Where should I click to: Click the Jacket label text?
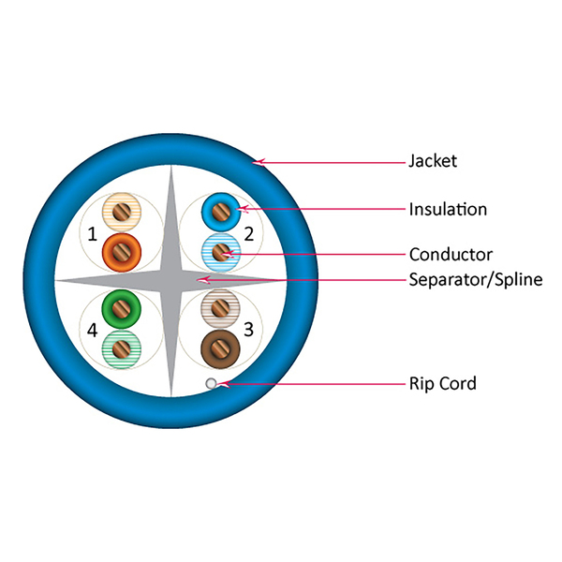pyautogui.click(x=433, y=161)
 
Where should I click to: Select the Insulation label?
pyautogui.click(x=448, y=209)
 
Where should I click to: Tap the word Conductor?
pyautogui.click(x=451, y=254)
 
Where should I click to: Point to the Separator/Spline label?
pyautogui.click(x=476, y=279)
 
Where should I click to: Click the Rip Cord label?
pyautogui.click(x=443, y=383)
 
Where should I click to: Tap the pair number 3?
pyautogui.click(x=248, y=329)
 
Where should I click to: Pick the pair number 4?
pyautogui.click(x=92, y=330)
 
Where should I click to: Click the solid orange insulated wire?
pyautogui.click(x=120, y=250)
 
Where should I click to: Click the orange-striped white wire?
pyautogui.click(x=120, y=213)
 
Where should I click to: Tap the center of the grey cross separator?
pyautogui.click(x=171, y=280)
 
